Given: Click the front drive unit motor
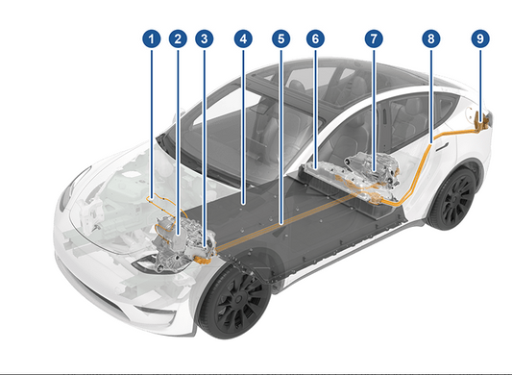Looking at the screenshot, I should (173, 240).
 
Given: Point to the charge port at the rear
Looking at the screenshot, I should (483, 120).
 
